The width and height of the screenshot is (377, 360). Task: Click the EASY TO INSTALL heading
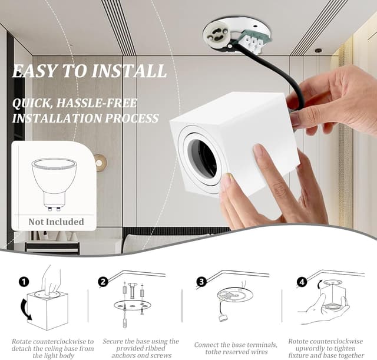click(89, 71)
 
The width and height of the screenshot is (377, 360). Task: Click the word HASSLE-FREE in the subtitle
click(98, 104)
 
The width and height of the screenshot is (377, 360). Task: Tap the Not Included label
click(56, 222)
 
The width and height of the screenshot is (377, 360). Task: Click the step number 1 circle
click(24, 282)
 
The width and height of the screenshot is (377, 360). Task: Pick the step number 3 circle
click(201, 282)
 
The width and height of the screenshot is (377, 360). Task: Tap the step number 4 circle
click(302, 282)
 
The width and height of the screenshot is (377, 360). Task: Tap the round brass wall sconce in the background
click(101, 163)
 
